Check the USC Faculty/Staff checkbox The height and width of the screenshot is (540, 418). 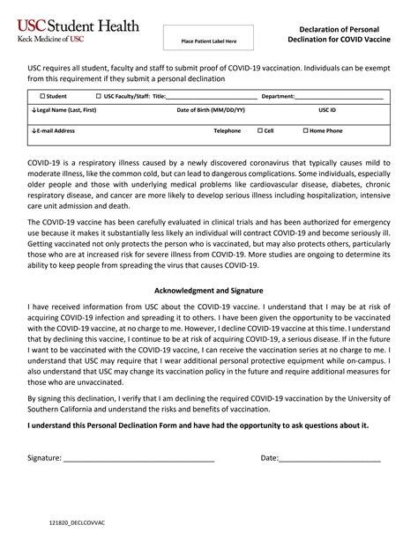(x=98, y=96)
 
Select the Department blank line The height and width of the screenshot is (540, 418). (x=339, y=97)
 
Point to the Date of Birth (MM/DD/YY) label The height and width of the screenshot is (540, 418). (x=211, y=110)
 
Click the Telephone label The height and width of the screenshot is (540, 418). (x=227, y=130)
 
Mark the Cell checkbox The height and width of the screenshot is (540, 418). (x=261, y=130)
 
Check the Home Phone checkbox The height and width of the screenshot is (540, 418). (x=306, y=130)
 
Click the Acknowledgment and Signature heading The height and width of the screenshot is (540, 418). (x=209, y=290)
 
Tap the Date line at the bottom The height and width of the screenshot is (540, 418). (x=330, y=459)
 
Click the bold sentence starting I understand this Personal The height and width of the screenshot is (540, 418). (x=198, y=425)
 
